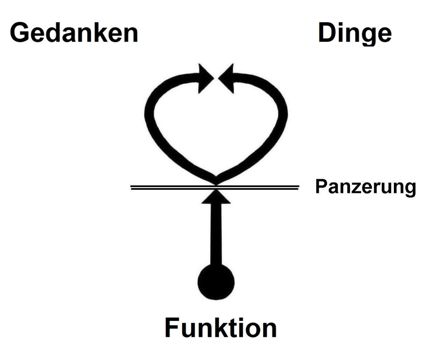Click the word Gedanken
(74, 33)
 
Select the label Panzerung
(365, 187)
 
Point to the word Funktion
(220, 327)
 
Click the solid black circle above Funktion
(216, 282)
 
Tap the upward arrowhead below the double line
(216, 197)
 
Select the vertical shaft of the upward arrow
(216, 235)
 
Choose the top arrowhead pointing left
(226, 77)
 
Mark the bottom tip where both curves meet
(216, 181)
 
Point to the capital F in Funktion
(172, 327)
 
